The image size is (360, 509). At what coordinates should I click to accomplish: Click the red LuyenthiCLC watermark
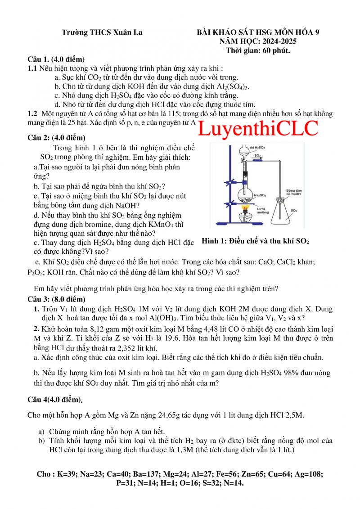tap(258, 129)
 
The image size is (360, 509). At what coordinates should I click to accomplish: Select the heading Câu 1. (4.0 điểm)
tap(56, 59)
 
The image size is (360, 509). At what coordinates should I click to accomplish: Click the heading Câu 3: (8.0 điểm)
tap(56, 299)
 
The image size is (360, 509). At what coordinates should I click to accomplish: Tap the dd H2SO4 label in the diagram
tap(257, 147)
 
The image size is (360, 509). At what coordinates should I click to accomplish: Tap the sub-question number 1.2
tap(32, 114)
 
